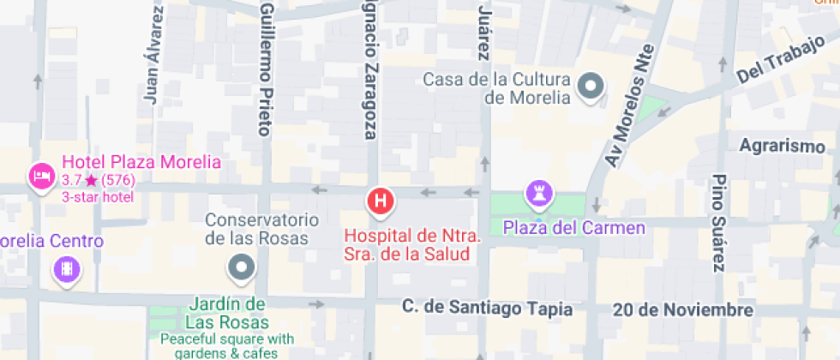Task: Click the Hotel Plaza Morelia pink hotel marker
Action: click(40, 177)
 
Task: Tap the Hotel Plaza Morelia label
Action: click(141, 163)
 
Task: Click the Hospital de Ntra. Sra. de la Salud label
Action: click(413, 245)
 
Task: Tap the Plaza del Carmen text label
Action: click(574, 228)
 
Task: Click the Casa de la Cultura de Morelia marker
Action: click(591, 86)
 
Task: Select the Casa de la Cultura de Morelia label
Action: click(497, 88)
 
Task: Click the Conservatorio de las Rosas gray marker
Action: click(242, 267)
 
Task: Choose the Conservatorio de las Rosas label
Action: click(255, 229)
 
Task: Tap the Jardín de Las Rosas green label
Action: click(225, 314)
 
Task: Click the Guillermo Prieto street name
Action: click(267, 69)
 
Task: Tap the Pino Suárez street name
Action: click(719, 222)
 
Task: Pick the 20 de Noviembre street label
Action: click(683, 309)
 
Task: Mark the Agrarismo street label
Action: click(782, 146)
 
